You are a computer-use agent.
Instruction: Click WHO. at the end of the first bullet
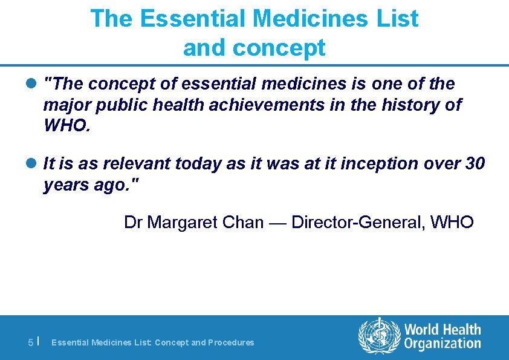(x=67, y=126)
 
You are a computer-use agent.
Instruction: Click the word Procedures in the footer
(x=231, y=342)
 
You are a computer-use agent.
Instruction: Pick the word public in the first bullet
(x=117, y=105)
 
